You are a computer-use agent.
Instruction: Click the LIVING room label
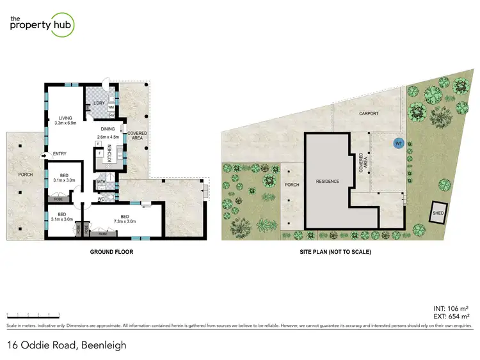pos(65,118)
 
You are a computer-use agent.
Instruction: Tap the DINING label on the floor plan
pos(108,129)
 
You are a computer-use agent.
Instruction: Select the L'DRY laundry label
pos(99,104)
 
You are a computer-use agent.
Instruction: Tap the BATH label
pos(101,182)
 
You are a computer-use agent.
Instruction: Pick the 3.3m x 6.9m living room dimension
pos(65,123)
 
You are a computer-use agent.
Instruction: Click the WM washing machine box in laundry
pos(111,107)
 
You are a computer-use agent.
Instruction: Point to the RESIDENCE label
pos(327,182)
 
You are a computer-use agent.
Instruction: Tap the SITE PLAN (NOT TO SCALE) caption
pos(335,252)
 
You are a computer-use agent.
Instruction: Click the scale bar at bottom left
pos(33,314)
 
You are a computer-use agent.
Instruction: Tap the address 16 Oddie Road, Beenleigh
pos(67,345)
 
